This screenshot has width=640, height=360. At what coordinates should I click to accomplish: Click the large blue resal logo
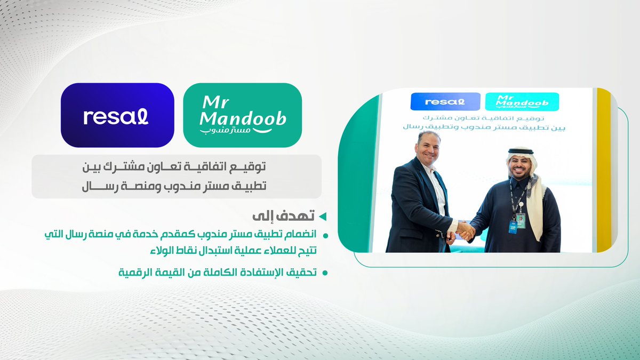tap(117, 115)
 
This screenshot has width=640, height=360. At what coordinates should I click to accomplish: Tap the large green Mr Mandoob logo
tap(242, 115)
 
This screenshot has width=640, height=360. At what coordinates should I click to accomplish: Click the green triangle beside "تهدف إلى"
tap(322, 217)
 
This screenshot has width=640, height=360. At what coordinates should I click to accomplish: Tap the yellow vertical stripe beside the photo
tap(604, 171)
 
